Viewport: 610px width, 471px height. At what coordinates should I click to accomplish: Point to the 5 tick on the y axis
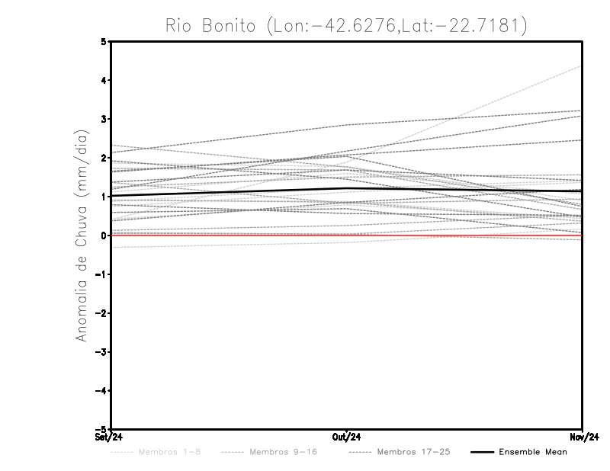(x=104, y=42)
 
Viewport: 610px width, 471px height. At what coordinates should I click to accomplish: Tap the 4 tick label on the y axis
(x=104, y=80)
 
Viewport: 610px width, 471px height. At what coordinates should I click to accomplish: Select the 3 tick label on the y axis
(x=104, y=119)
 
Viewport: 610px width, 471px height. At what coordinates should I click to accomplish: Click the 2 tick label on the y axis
(x=104, y=158)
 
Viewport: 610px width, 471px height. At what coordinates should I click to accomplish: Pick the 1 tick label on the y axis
(x=104, y=197)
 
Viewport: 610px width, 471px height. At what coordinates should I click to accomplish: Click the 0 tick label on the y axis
(x=104, y=235)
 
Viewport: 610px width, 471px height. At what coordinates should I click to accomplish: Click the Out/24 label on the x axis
(x=347, y=437)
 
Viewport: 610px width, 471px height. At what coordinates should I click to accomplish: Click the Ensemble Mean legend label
(x=532, y=453)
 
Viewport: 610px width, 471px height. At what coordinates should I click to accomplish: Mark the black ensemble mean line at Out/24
(x=347, y=187)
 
